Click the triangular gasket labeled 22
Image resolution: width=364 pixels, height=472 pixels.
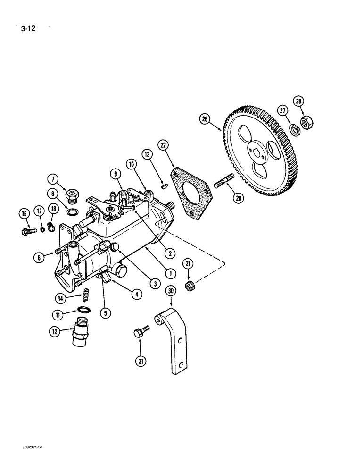point(191,192)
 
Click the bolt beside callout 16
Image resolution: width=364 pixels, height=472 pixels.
point(30,230)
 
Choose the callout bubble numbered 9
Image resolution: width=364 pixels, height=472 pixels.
point(114,173)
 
